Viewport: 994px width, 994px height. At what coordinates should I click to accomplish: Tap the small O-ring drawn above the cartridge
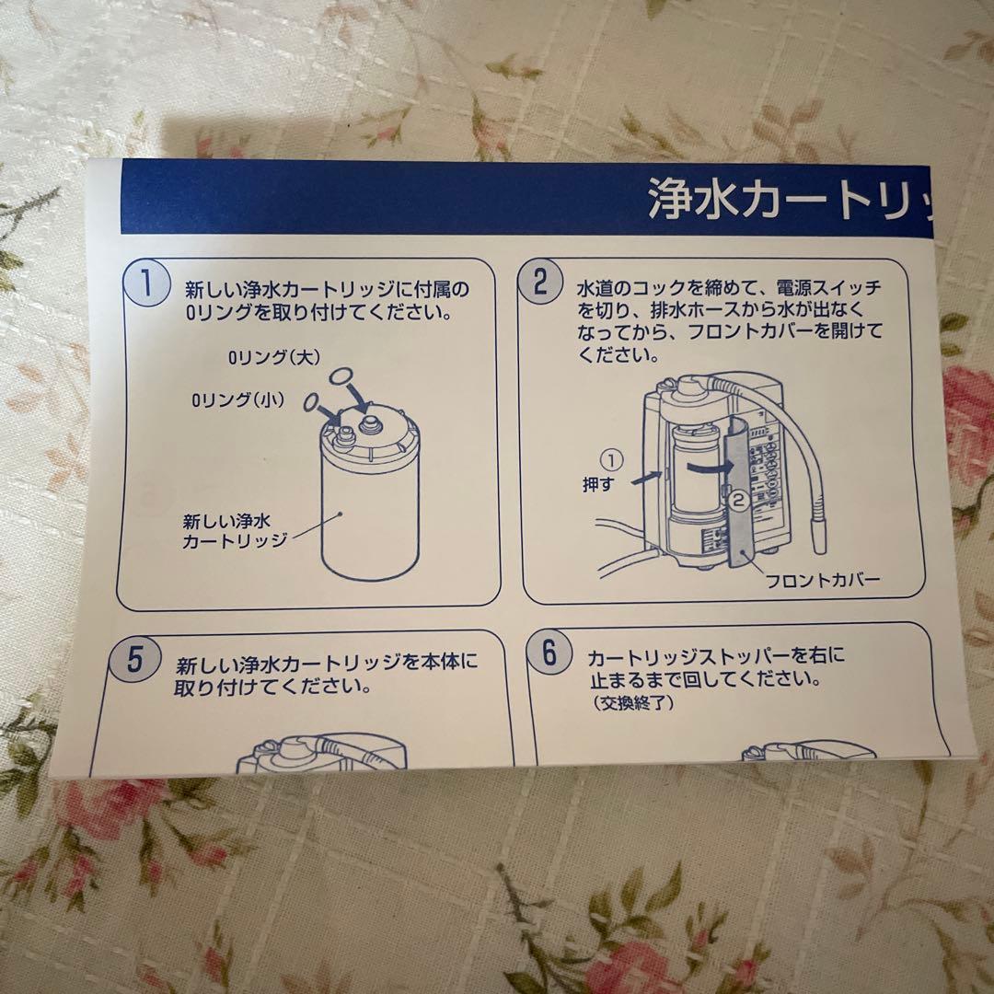point(310,401)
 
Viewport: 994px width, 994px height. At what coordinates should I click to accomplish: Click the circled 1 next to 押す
point(612,457)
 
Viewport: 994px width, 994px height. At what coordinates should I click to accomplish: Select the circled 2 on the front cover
point(737,501)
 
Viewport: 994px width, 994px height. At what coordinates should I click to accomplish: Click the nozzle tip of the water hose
point(816,534)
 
